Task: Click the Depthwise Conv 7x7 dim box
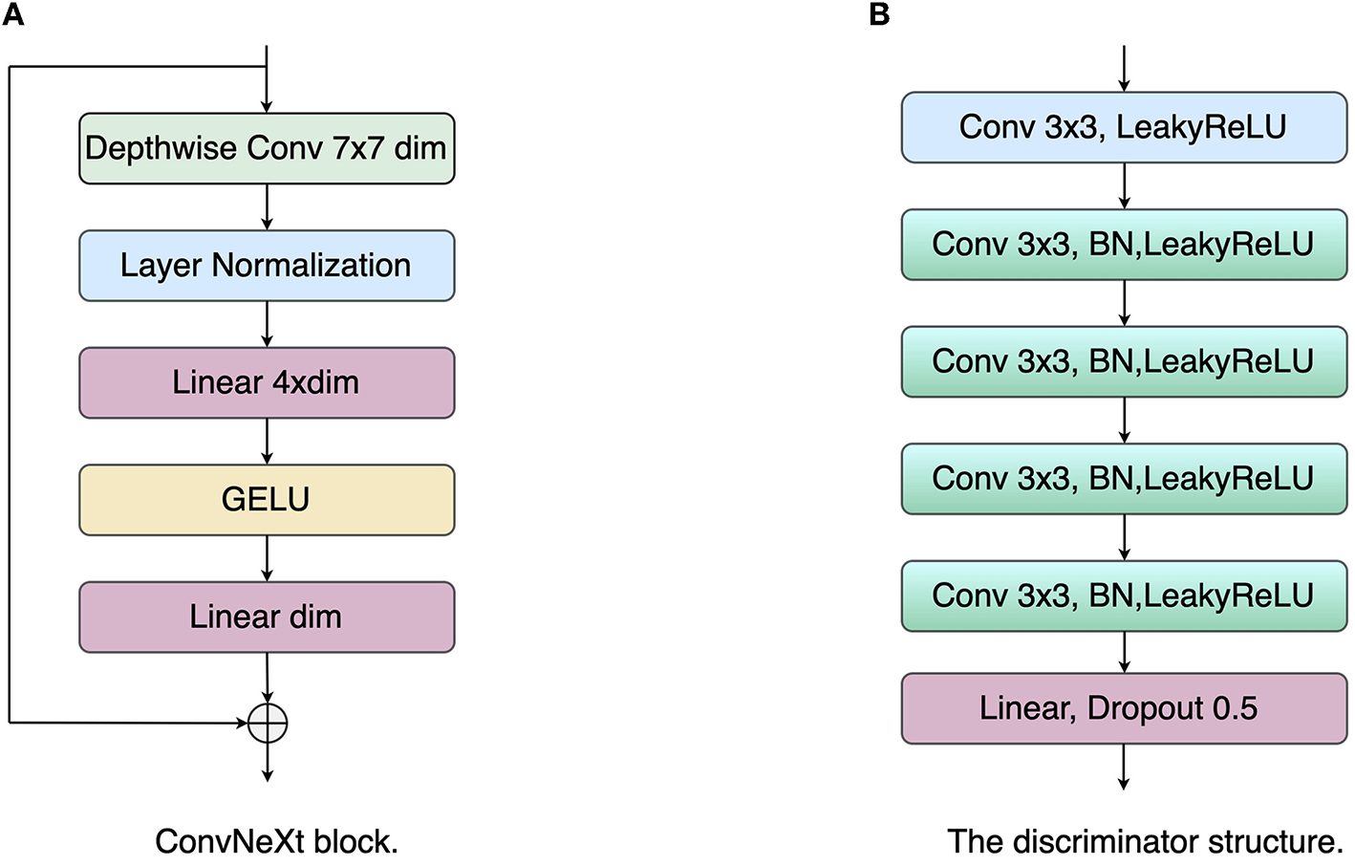click(x=266, y=149)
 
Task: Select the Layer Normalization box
click(x=266, y=266)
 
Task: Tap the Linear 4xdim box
click(x=266, y=382)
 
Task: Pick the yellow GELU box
click(x=266, y=500)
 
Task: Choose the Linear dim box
click(x=266, y=617)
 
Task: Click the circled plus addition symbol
click(x=268, y=723)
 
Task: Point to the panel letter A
click(x=12, y=14)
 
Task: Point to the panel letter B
click(x=879, y=14)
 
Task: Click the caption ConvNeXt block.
click(x=276, y=841)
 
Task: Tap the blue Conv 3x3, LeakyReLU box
click(x=1124, y=127)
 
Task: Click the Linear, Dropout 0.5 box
click(x=1124, y=708)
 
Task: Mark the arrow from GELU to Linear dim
click(x=267, y=558)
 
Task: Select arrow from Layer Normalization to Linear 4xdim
click(x=267, y=324)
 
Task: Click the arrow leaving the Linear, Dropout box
click(x=1124, y=767)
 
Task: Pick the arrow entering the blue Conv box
click(x=1124, y=69)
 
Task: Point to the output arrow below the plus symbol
click(x=268, y=762)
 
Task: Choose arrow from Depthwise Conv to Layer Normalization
click(x=267, y=206)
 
